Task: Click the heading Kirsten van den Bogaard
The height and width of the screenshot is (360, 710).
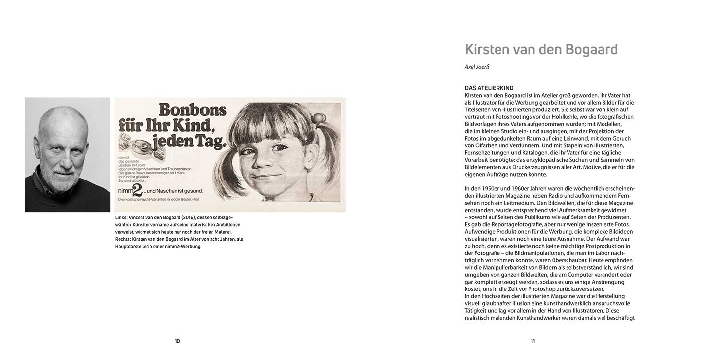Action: tap(541, 50)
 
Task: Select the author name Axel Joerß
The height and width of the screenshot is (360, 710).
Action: tap(477, 67)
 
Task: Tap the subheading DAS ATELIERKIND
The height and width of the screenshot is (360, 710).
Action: tap(489, 88)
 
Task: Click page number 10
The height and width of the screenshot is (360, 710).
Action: tap(177, 341)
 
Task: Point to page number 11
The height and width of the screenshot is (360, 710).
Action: tap(532, 341)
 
